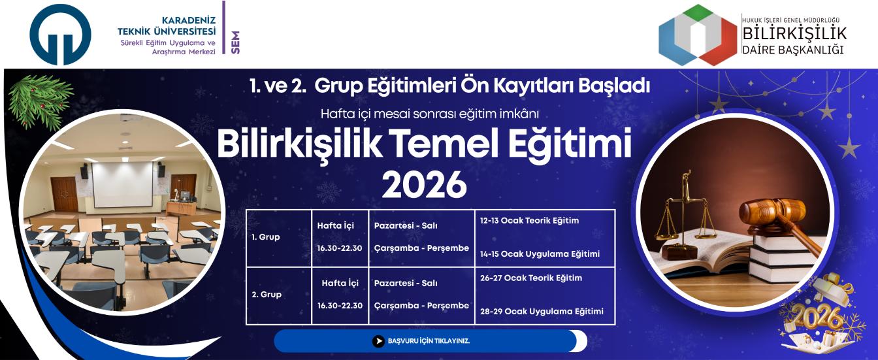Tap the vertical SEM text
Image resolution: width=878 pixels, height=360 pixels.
coord(236,43)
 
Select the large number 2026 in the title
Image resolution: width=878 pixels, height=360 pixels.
coord(424,186)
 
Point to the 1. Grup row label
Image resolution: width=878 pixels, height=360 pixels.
coord(266,237)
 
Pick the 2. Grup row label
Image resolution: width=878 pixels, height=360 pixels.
coord(267,295)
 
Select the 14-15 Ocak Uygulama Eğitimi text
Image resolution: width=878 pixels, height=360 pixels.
coord(540,254)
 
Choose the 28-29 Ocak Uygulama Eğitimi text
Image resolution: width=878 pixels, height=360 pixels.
coord(542,311)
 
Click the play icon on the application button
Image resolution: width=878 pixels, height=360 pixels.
coord(378,341)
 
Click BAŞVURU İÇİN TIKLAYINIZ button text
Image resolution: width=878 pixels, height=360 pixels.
coord(429,341)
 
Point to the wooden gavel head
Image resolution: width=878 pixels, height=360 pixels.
coord(773,213)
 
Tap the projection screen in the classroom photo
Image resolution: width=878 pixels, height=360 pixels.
coord(122,184)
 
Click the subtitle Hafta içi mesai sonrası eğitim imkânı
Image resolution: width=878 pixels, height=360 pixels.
coord(429,114)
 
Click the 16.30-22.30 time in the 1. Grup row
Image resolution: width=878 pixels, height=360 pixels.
coord(340,248)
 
